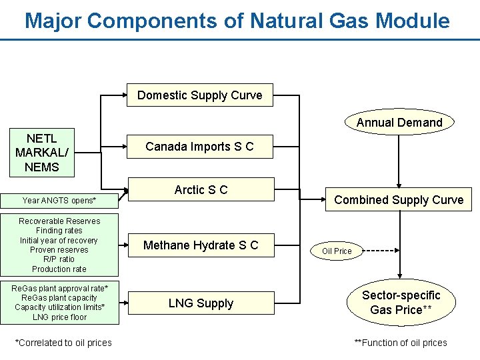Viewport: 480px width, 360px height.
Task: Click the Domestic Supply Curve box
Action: (200, 95)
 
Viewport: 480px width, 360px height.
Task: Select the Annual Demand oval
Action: (399, 123)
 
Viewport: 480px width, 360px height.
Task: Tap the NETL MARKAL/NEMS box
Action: (42, 153)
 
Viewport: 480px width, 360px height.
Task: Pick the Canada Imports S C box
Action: (200, 147)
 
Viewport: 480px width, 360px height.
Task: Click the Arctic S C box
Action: (200, 190)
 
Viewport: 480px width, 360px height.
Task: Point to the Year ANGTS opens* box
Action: (59, 200)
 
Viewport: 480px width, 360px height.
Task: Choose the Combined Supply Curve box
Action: (399, 200)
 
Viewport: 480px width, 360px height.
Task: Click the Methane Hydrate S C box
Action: (200, 245)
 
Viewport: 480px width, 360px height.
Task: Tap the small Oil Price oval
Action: (337, 251)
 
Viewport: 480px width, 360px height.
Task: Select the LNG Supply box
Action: (200, 303)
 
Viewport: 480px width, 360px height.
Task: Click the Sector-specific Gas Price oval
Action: (401, 303)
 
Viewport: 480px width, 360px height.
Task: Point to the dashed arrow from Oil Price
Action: (378, 251)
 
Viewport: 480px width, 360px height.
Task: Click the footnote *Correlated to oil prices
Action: (63, 343)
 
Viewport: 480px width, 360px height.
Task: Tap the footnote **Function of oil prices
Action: (401, 343)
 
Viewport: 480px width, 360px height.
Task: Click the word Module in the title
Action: (413, 21)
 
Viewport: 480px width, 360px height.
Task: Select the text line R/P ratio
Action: (59, 259)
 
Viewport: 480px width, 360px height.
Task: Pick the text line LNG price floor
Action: (59, 317)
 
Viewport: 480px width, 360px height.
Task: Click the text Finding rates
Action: (59, 231)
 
